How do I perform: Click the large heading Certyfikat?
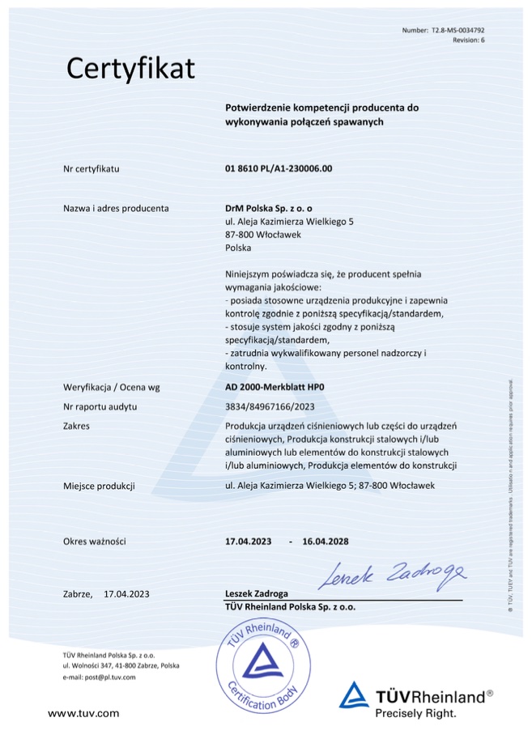130,69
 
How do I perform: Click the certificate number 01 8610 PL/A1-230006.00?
279,169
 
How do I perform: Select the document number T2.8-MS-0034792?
457,30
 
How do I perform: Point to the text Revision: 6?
468,39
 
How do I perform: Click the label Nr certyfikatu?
91,169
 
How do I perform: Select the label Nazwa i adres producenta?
116,208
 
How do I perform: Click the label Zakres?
75,426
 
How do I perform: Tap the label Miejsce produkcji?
98,486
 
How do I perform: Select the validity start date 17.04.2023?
249,541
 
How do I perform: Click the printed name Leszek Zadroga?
256,593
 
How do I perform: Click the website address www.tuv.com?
83,713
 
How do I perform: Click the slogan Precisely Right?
415,713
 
